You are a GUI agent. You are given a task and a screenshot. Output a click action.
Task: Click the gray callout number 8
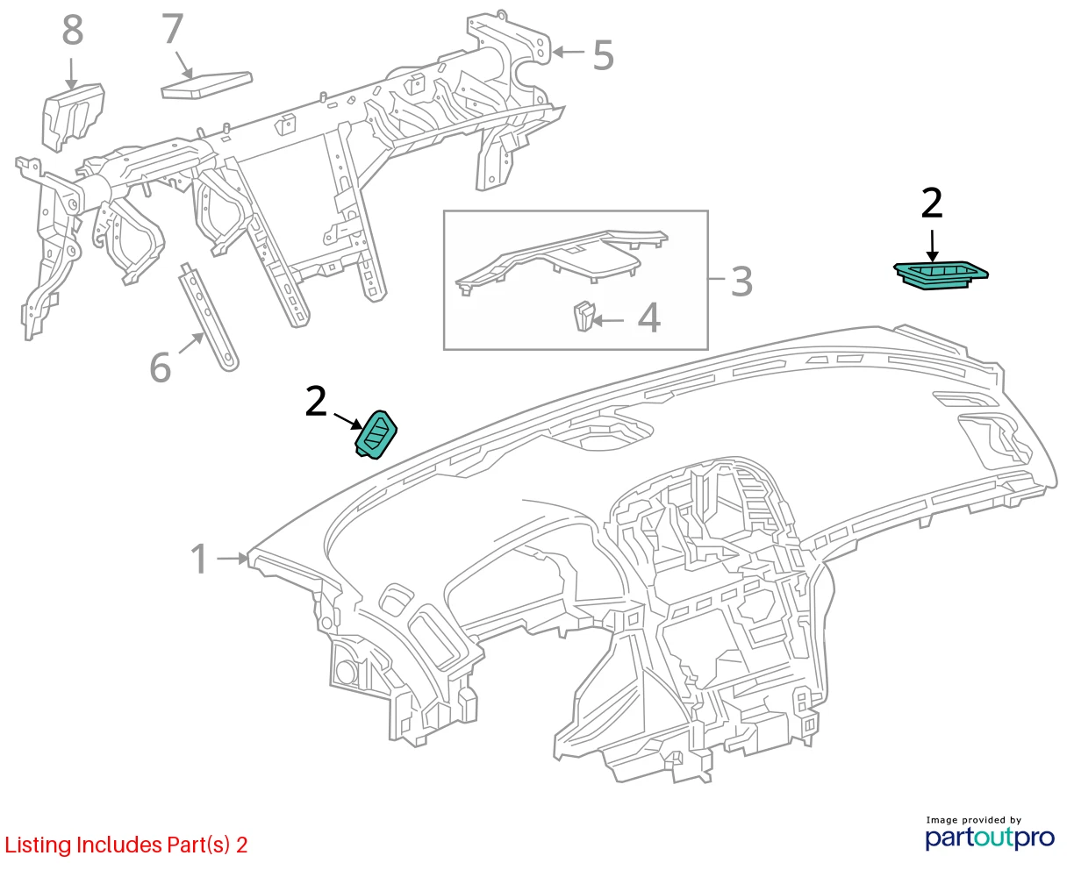click(x=73, y=30)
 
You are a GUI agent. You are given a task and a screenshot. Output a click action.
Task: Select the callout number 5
click(x=603, y=54)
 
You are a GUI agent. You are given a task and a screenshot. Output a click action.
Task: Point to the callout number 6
click(x=161, y=367)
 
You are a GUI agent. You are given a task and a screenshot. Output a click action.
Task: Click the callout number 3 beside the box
click(x=741, y=282)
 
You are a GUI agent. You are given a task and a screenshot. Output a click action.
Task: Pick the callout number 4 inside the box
click(x=649, y=318)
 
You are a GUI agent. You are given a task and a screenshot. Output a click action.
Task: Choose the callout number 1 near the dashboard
click(x=199, y=559)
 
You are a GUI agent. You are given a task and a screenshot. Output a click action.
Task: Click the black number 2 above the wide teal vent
click(x=931, y=203)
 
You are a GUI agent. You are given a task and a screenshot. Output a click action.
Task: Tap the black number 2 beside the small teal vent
click(x=316, y=401)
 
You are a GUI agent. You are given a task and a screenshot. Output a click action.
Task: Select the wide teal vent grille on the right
click(x=941, y=275)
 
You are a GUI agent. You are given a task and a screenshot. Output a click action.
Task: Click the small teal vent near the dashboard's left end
click(x=376, y=434)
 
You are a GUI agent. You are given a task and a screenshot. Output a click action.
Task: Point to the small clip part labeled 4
click(x=584, y=316)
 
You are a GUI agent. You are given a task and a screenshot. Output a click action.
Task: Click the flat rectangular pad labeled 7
click(x=206, y=85)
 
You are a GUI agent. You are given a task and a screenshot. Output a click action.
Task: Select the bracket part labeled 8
click(x=73, y=117)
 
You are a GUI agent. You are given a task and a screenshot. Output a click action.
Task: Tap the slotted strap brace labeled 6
click(x=209, y=317)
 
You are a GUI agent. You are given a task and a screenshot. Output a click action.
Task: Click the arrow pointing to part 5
click(x=569, y=52)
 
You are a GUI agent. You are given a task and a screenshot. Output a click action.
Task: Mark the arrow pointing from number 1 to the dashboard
click(x=233, y=559)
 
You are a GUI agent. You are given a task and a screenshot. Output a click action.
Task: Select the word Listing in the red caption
click(x=38, y=845)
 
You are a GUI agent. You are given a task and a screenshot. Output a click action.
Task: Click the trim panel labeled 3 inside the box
click(x=562, y=260)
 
